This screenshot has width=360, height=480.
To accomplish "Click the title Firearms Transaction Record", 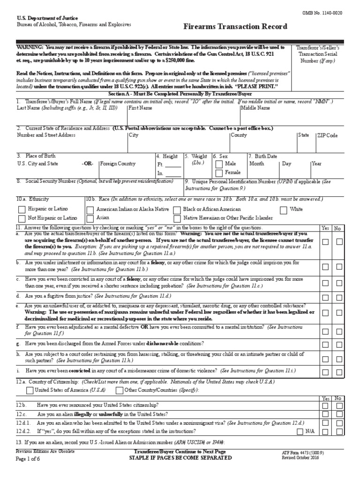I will click(x=235, y=27).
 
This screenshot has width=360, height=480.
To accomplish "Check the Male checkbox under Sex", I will click(x=219, y=164).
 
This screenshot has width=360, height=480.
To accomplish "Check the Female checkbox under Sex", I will click(x=219, y=173).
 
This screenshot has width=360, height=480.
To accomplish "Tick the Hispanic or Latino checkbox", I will click(x=22, y=209).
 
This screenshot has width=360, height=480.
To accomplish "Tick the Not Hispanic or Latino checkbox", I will click(x=22, y=218).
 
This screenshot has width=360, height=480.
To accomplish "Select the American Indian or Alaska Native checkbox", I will click(x=90, y=209).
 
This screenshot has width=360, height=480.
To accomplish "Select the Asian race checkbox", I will click(x=90, y=218).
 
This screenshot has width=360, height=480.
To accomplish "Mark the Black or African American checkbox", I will click(x=177, y=209).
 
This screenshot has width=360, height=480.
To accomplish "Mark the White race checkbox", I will click(x=283, y=209).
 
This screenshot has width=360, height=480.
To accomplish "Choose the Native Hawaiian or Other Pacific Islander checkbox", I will click(x=177, y=218).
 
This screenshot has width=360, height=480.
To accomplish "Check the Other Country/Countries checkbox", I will click(x=120, y=390).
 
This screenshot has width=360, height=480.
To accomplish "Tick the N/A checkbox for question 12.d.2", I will click(x=300, y=431).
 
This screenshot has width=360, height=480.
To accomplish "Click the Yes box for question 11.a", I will click(x=325, y=242).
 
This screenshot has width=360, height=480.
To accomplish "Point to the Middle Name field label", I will click(x=255, y=108).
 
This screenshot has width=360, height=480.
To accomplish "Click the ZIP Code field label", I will click(x=327, y=135).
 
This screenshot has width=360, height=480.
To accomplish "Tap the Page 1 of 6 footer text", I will click(x=28, y=458).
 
